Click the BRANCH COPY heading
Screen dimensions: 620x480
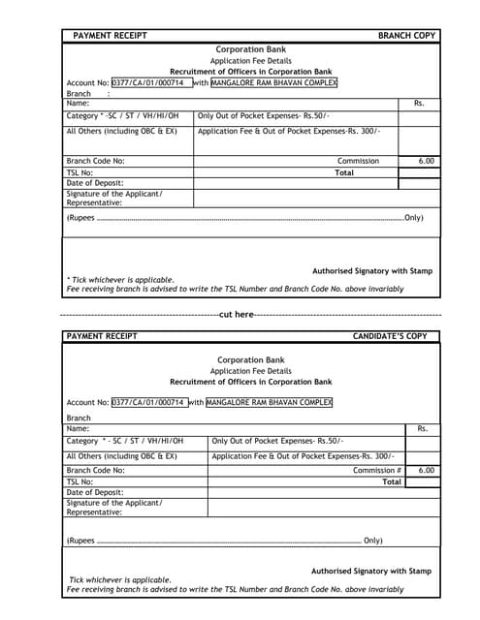[406, 36]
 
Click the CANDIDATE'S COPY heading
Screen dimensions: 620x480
[389, 336]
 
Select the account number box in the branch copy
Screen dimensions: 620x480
[151, 83]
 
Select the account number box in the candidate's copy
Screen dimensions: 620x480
[148, 402]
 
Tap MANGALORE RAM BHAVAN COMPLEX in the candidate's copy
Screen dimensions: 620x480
[270, 402]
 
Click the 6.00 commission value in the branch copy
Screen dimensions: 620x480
[426, 161]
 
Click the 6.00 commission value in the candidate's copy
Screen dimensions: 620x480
[426, 470]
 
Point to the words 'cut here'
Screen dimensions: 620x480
[237, 314]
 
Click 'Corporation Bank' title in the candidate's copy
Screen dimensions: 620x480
[250, 359]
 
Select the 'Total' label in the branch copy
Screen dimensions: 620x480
[344, 172]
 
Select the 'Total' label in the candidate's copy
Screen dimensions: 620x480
[392, 481]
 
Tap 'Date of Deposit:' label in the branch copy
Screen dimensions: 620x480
[95, 183]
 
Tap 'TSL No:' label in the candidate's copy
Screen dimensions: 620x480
[80, 481]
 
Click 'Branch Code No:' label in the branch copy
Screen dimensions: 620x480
[95, 161]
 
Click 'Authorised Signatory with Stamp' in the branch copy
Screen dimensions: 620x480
[371, 271]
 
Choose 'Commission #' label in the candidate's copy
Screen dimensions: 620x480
[377, 470]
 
